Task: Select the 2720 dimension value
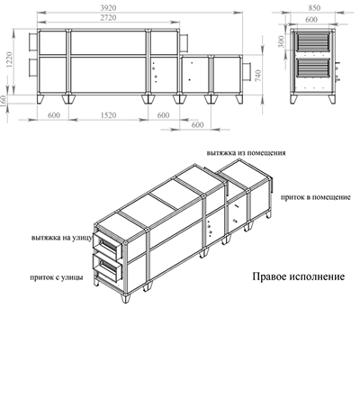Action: coord(111,18)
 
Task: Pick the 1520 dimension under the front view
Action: coord(108,115)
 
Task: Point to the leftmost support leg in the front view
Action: coord(41,98)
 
